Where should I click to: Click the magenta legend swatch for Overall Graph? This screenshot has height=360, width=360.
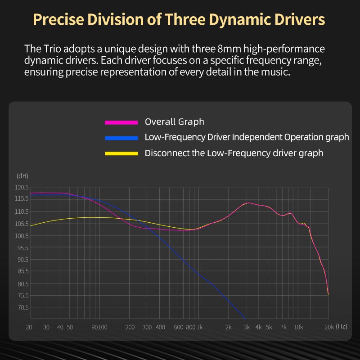pos(121,122)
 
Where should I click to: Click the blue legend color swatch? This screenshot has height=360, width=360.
pos(121,137)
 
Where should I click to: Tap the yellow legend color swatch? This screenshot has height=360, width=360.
pos(121,153)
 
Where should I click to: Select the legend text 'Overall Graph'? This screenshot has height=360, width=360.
pos(174,121)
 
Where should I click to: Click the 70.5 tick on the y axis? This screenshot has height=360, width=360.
pos(22,307)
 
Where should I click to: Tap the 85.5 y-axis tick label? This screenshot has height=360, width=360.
pos(22,271)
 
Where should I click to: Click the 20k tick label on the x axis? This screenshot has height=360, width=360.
pos(328,327)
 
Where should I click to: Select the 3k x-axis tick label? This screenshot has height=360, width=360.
pos(246,327)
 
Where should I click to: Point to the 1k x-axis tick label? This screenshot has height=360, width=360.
pos(200,327)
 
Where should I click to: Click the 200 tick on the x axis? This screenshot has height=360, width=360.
pos(130,327)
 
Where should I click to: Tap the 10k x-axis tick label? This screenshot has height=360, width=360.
pos(298,327)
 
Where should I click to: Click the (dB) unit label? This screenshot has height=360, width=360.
pos(22,175)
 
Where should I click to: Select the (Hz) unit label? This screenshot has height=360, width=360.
pos(342,326)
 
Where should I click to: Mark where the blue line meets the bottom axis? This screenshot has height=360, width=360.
pos(245,317)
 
